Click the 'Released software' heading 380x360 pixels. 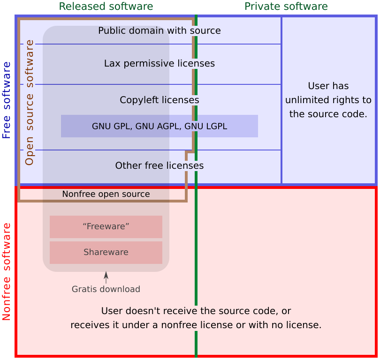106,7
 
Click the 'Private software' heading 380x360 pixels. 286,7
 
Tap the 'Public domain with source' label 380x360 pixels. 160,31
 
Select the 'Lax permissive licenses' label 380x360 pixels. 160,63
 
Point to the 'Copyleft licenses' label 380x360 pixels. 160,100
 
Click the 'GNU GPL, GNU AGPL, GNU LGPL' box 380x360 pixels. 160,126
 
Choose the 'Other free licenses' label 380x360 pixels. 160,165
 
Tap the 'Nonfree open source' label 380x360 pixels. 106,194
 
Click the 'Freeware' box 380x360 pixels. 106,226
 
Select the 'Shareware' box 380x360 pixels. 106,252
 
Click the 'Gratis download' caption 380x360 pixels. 106,289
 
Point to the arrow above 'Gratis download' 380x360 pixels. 106,277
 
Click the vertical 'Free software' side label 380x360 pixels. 7,100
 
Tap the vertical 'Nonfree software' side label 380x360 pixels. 7,271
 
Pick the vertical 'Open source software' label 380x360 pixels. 30,102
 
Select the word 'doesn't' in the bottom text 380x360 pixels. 141,311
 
